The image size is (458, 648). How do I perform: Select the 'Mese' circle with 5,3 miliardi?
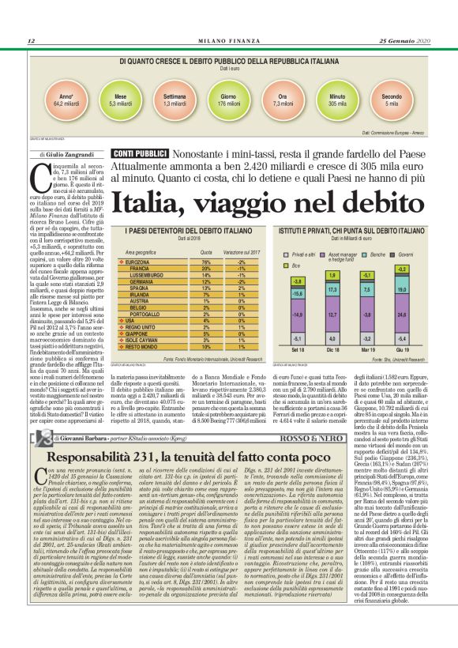click(x=120, y=98)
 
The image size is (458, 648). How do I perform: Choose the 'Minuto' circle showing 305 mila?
click(x=337, y=98)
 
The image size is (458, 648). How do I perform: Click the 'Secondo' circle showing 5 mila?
click(x=392, y=98)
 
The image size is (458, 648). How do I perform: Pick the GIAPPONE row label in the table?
click(x=139, y=311)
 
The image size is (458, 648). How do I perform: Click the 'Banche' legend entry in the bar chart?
click(x=378, y=233)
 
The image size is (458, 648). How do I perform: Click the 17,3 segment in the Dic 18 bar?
click(x=332, y=291)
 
